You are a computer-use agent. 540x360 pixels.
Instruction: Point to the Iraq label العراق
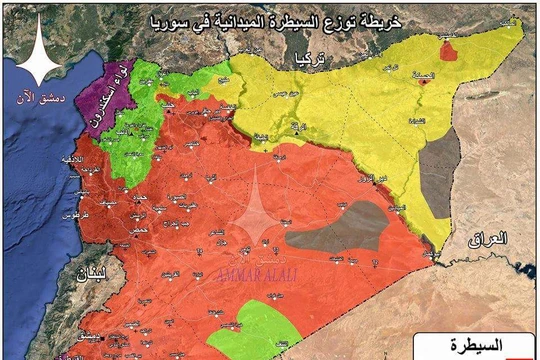coord(489,239)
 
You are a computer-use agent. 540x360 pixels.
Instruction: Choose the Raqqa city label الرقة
coord(296,128)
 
